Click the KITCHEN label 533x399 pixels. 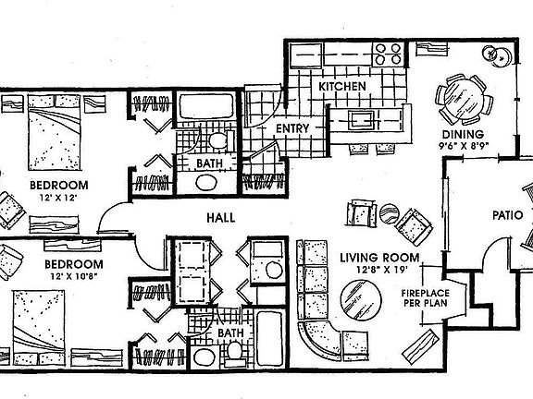coord(342,87)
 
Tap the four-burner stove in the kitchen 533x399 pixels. coord(388,54)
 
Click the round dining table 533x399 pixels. coord(460,95)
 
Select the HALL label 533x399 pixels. coord(219,218)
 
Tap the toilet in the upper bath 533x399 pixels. coord(218,141)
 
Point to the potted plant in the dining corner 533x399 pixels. coord(504,58)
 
